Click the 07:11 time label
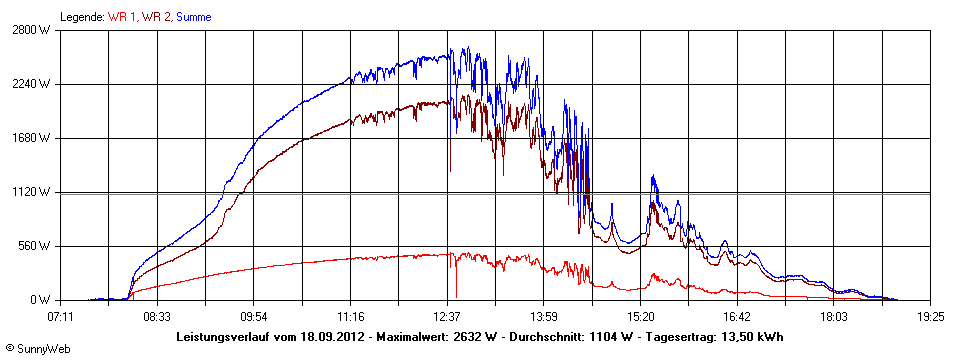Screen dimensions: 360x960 pyautogui.click(x=60, y=315)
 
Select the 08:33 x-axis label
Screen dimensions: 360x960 pyautogui.click(x=157, y=315)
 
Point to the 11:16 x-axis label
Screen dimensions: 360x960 pyautogui.click(x=350, y=315)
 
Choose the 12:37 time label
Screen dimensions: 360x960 pyautogui.click(x=447, y=315)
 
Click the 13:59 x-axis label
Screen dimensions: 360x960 pyautogui.click(x=543, y=315)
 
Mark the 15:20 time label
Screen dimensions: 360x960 pyautogui.click(x=640, y=315)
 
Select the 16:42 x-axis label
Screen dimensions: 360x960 pyautogui.click(x=737, y=315)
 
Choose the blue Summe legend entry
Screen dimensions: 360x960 pyautogui.click(x=194, y=17)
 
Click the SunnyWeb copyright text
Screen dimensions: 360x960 pyautogui.click(x=37, y=349)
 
